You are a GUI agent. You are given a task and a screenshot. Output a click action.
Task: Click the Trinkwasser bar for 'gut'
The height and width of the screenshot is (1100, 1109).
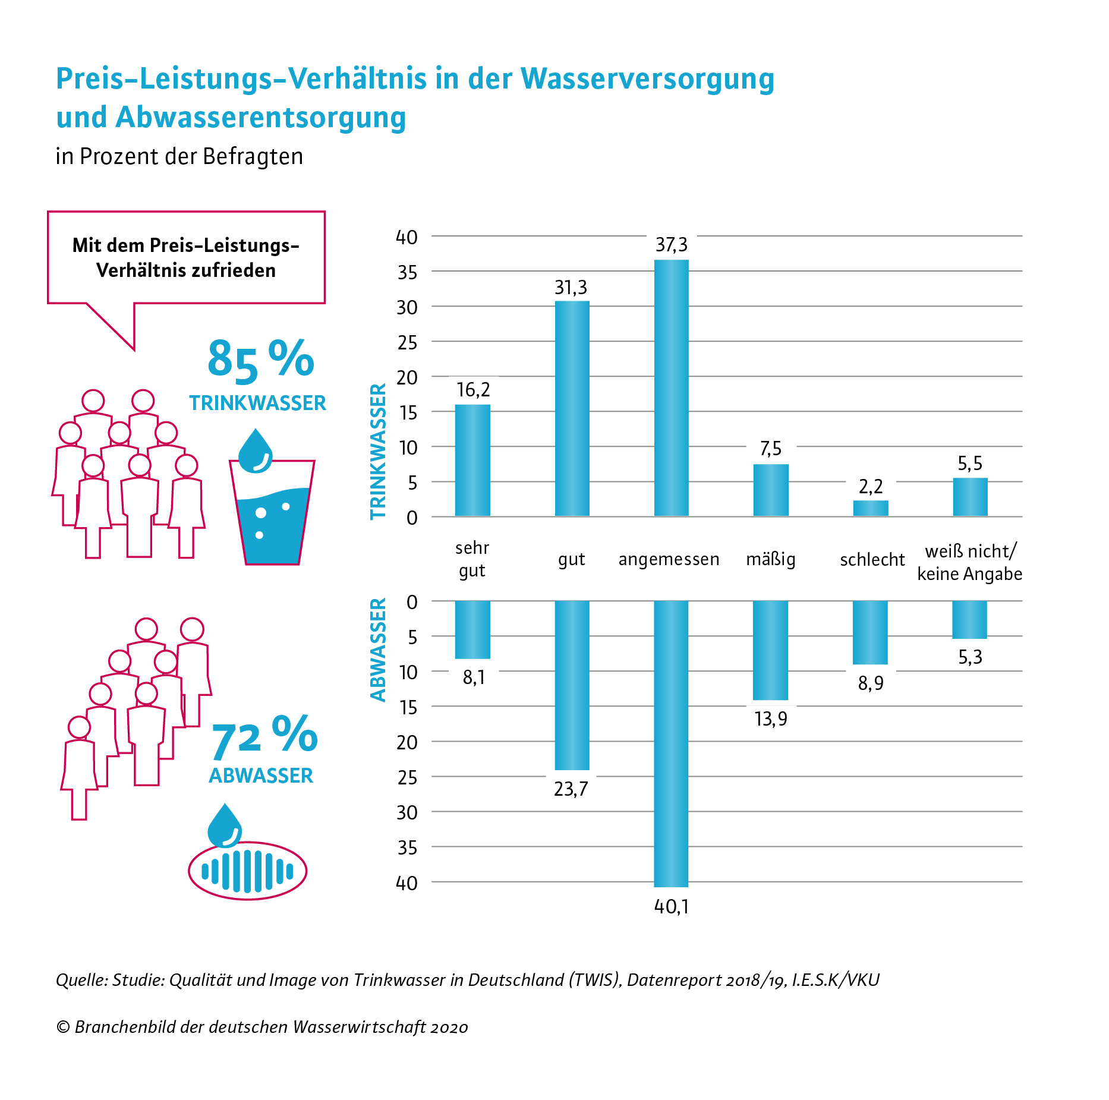[x=572, y=408]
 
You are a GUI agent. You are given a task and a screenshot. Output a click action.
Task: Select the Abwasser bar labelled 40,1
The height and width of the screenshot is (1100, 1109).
[x=671, y=743]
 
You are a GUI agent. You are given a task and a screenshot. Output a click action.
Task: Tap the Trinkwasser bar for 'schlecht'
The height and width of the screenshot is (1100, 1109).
[x=871, y=508]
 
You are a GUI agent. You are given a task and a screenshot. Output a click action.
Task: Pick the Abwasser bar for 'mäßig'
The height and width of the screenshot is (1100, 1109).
[x=770, y=650]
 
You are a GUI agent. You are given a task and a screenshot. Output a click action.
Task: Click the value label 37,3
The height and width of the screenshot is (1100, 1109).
[x=672, y=245]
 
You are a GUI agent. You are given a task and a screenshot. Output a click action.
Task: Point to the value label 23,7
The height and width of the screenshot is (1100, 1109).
[x=571, y=789]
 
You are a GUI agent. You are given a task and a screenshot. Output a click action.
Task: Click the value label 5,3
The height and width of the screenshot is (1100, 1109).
[x=970, y=657]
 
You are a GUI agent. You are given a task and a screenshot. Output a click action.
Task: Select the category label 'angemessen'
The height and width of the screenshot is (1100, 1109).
[x=669, y=559]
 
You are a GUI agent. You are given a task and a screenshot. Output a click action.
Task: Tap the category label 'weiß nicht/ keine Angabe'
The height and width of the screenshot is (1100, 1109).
[x=970, y=562]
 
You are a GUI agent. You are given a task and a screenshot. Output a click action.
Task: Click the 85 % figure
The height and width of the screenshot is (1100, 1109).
[x=260, y=360]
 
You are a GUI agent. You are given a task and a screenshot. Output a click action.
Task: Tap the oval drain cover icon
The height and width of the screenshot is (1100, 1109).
[x=247, y=871]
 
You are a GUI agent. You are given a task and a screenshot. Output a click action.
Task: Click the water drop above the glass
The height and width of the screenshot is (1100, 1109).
[x=255, y=450]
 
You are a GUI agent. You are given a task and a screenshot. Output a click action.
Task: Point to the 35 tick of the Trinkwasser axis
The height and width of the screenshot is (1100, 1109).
[x=407, y=272]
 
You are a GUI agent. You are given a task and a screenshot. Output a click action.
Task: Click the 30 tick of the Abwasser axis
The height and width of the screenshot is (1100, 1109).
[x=407, y=812]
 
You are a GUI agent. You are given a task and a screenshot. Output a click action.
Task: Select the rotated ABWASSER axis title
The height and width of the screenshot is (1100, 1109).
[x=379, y=650]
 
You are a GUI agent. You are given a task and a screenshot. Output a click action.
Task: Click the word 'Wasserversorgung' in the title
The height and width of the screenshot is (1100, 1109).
[x=648, y=78]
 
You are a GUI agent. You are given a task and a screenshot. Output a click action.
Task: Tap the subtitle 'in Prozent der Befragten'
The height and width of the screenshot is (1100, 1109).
[x=179, y=156]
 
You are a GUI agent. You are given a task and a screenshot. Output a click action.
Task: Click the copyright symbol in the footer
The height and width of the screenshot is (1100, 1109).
[x=63, y=1027]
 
